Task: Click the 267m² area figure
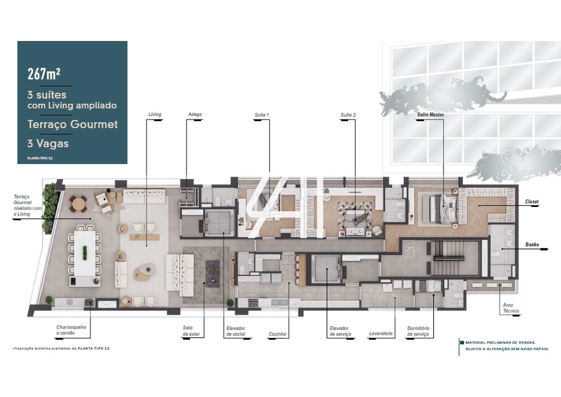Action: point(44,74)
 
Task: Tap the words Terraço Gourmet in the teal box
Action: point(73,124)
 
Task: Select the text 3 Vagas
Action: point(48,143)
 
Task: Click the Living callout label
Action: point(155,114)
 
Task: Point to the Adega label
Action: point(195,114)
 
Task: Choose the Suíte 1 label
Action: point(262,115)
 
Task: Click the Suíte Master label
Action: point(430,114)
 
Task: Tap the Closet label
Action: point(532,201)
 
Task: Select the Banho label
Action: point(532,244)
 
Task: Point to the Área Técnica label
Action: point(511,308)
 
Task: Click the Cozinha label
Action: point(277,334)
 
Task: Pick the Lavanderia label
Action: point(381,333)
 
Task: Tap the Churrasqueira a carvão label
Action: point(71,330)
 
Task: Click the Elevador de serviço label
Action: point(341,331)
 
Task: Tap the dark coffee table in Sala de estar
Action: point(212,273)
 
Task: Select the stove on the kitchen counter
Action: point(253,303)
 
